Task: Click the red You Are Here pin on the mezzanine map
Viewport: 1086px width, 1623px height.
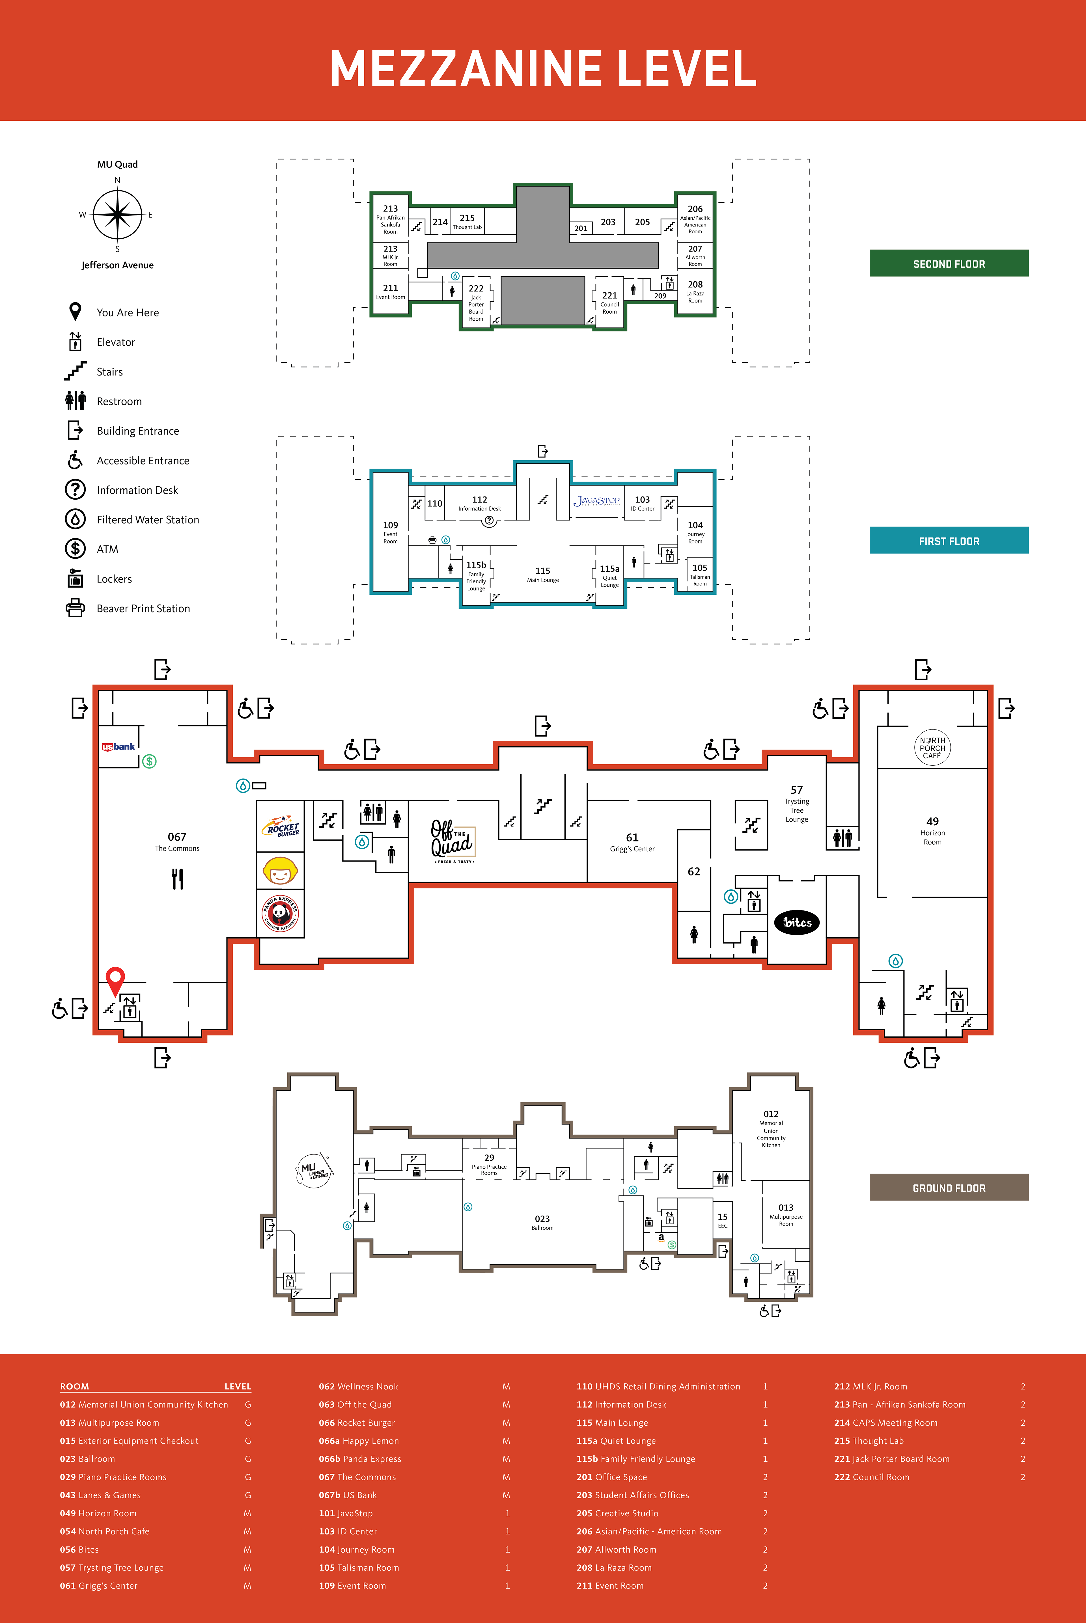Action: tap(115, 979)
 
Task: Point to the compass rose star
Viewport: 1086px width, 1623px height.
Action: tap(118, 215)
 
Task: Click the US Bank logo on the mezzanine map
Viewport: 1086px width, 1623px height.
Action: tap(118, 746)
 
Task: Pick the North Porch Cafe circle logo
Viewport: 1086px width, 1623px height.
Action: tap(932, 748)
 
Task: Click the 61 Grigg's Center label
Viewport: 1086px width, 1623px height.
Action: tap(632, 842)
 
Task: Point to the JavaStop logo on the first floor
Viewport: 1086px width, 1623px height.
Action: tap(596, 500)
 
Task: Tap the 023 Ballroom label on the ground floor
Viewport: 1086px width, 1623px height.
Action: tap(542, 1222)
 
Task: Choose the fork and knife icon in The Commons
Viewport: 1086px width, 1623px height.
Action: tap(177, 879)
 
